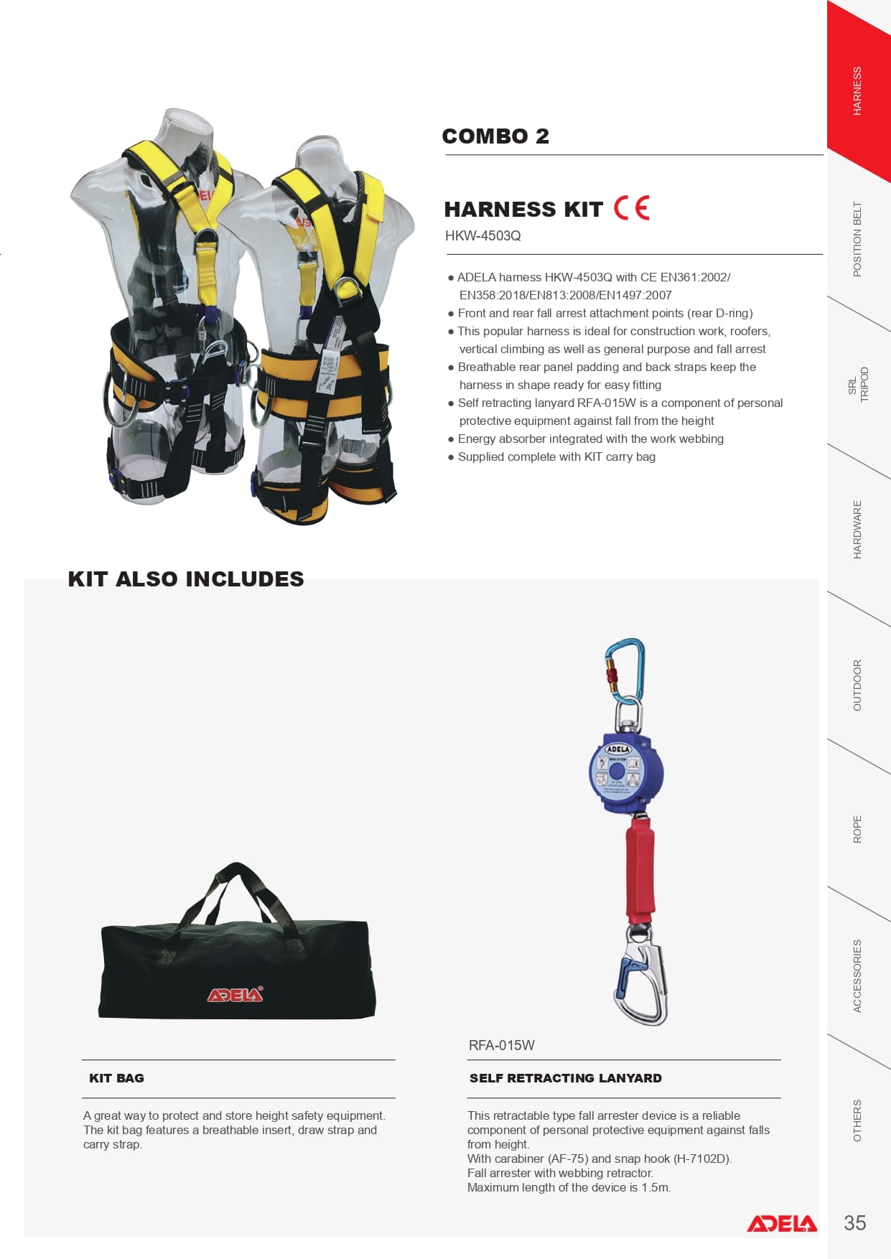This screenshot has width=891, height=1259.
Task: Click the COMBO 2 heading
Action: pos(495,136)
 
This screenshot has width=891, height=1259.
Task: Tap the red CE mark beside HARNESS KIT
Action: pos(632,208)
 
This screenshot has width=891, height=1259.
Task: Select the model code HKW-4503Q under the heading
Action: pos(482,236)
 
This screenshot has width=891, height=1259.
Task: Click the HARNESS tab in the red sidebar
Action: pos(857,91)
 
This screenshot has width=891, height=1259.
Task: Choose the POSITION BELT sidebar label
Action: pos(857,239)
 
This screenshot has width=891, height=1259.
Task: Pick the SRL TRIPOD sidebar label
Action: pos(859,385)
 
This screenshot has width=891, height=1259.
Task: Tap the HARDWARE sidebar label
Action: pos(857,530)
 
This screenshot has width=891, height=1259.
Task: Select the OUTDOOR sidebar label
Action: pos(857,685)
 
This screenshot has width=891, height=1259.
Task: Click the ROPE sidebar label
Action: pos(857,829)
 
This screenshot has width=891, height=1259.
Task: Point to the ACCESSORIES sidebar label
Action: pos(857,976)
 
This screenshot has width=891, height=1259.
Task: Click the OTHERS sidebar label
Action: pos(857,1120)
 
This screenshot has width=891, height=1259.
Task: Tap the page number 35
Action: pos(855,1223)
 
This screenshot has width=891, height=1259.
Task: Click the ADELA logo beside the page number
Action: pos(782,1224)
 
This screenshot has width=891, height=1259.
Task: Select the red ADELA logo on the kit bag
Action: pos(235,994)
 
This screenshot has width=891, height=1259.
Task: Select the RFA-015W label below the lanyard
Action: pos(501,1046)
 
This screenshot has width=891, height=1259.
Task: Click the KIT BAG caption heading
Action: pos(116,1078)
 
